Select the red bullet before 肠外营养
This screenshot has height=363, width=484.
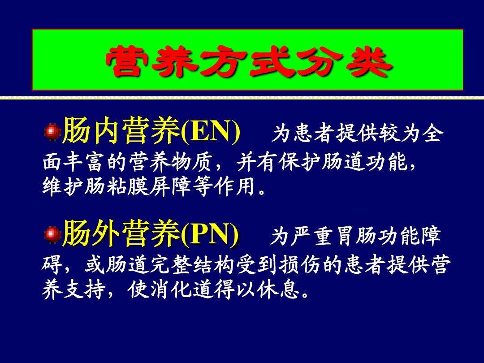pos(52,233)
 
